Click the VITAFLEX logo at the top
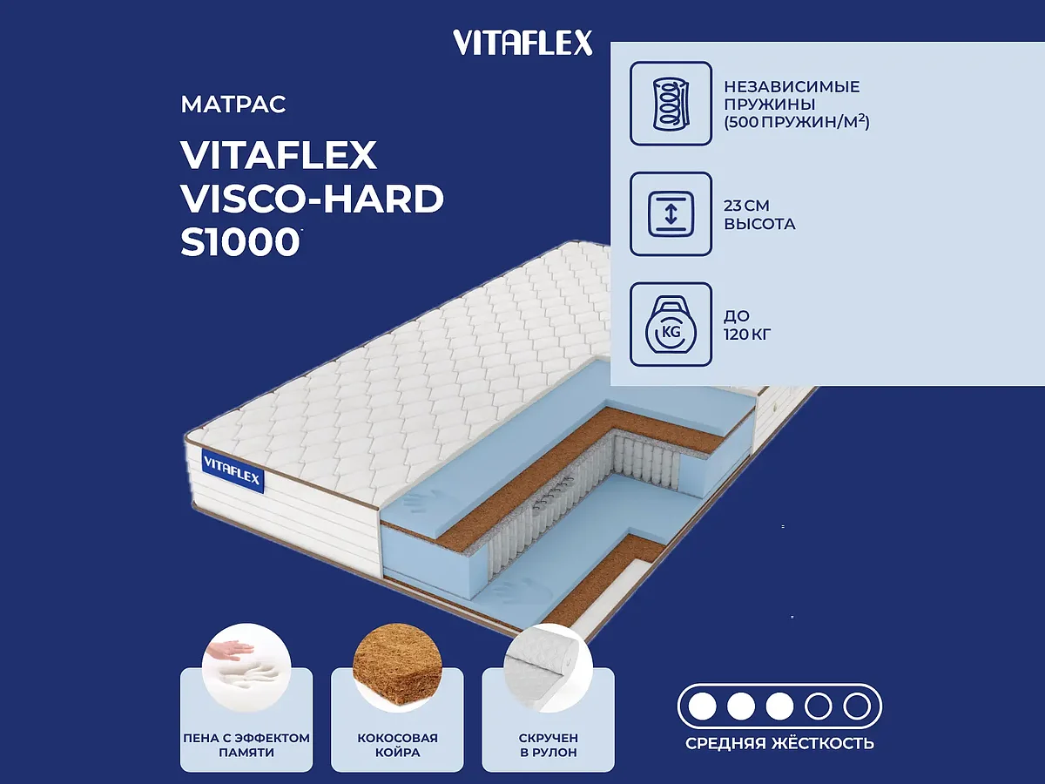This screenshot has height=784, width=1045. (x=522, y=42)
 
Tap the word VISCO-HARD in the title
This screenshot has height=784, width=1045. (x=312, y=199)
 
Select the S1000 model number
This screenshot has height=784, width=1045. (x=239, y=243)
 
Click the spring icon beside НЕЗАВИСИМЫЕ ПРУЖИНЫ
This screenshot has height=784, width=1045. (x=671, y=103)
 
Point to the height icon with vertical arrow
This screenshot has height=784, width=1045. (x=671, y=214)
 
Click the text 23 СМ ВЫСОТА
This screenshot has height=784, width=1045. (x=759, y=215)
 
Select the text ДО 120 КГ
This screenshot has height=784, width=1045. (x=747, y=324)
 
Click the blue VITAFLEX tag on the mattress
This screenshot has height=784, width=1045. (x=233, y=471)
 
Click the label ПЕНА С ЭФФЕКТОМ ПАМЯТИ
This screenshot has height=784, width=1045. (x=246, y=745)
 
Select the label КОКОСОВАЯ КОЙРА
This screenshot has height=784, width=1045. (x=397, y=745)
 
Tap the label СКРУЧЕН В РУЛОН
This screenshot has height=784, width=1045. (x=548, y=745)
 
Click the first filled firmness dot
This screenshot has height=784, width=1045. (x=702, y=705)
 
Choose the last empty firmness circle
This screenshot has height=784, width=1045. (x=857, y=705)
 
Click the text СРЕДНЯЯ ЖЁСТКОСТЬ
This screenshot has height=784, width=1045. (x=779, y=743)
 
